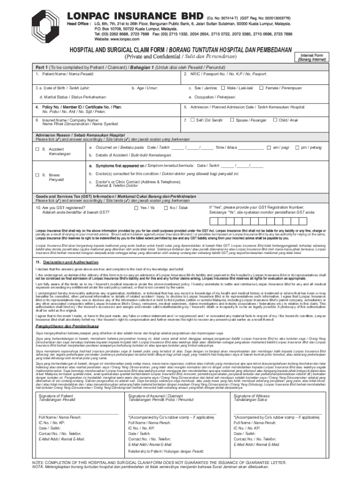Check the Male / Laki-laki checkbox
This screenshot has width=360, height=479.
[x=223, y=87]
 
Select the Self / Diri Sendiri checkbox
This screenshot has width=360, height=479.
[x=193, y=120]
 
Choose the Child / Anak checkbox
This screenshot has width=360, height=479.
[x=274, y=120]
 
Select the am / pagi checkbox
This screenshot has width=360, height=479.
[x=268, y=147]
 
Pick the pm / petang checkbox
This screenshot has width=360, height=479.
[x=297, y=147]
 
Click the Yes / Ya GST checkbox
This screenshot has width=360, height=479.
[x=136, y=207]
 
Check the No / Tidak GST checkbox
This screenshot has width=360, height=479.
[x=166, y=207]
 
